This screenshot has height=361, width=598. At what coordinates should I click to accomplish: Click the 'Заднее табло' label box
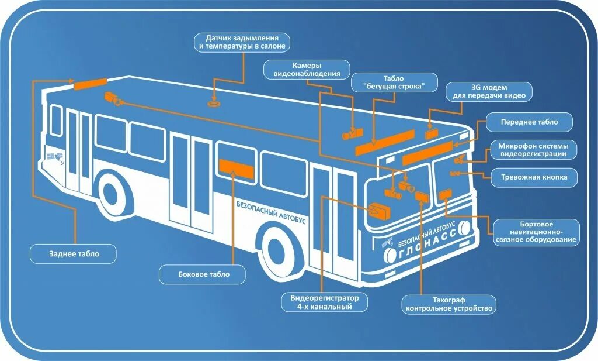(x=74, y=254)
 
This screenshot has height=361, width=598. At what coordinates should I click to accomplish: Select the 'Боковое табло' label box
(x=203, y=274)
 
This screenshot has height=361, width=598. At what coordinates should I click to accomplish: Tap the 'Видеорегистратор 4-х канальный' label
(x=324, y=302)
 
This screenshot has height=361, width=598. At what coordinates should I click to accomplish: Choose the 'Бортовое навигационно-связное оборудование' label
(x=537, y=232)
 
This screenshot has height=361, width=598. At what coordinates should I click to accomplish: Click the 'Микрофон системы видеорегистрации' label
(x=533, y=150)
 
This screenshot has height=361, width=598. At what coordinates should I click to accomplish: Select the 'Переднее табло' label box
(x=529, y=122)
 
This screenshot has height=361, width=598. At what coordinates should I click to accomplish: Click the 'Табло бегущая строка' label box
(x=394, y=82)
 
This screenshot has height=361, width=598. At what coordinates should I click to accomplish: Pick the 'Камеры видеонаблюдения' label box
(x=307, y=70)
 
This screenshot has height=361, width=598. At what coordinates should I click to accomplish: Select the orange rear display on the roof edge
(x=90, y=84)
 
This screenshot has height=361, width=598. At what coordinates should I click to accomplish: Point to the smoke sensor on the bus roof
(x=214, y=105)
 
